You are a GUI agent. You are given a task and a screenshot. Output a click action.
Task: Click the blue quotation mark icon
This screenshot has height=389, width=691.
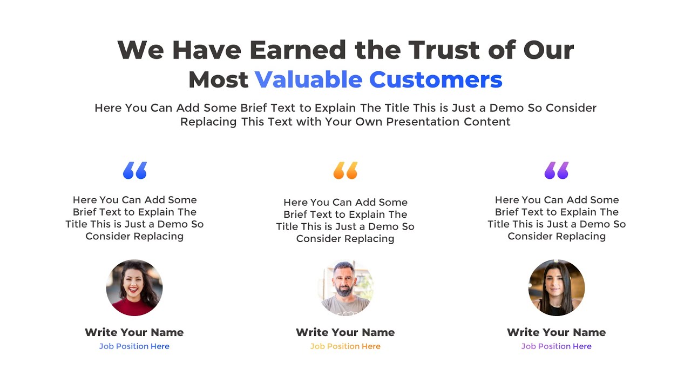(x=135, y=170)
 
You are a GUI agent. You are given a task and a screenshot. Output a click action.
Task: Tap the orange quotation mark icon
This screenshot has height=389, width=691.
(x=345, y=170)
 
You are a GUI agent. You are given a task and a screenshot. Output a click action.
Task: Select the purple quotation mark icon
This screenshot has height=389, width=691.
(x=557, y=170)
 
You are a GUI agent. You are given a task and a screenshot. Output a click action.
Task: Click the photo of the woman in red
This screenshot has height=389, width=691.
(x=134, y=287)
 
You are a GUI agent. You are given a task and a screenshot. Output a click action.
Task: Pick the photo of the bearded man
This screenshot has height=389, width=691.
(x=345, y=287)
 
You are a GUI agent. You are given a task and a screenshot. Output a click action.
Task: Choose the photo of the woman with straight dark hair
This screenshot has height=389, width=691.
(x=557, y=287)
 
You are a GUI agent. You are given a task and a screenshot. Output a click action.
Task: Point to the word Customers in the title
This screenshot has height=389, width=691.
(x=436, y=79)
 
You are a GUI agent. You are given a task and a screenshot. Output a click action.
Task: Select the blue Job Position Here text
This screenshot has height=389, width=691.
(x=134, y=346)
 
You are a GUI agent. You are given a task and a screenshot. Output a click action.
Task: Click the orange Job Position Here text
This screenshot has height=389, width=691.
(x=345, y=346)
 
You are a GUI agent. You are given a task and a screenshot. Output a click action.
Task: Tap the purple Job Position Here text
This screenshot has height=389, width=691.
(x=557, y=346)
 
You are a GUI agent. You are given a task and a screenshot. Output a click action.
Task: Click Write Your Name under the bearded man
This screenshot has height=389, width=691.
(x=345, y=332)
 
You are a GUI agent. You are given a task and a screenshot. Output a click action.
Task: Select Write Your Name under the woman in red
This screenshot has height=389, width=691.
(x=134, y=332)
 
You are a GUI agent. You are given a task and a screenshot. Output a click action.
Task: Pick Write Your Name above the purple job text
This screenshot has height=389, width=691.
(x=557, y=332)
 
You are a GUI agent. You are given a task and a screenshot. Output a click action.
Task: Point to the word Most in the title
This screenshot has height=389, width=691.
(x=218, y=79)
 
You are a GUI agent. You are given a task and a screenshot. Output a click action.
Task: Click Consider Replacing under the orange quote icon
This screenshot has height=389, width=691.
(x=345, y=239)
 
